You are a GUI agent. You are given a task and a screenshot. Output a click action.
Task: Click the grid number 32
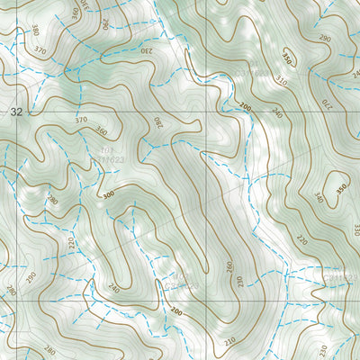click(16, 112)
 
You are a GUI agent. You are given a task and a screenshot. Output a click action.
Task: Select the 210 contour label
click(230, 340)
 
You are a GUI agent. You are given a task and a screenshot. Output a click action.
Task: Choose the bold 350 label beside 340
click(340, 190)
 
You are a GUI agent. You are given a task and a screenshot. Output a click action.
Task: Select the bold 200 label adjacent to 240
click(245, 106)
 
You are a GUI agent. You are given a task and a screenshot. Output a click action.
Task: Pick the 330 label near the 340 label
click(355, 229)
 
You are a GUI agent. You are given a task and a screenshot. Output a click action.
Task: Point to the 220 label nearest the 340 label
click(301, 240)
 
